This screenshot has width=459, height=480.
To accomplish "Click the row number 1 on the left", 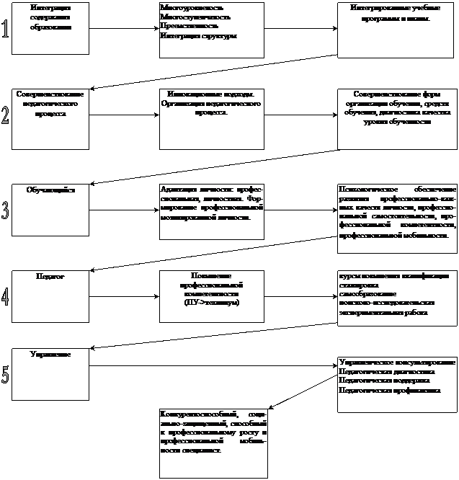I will click(x=6, y=30).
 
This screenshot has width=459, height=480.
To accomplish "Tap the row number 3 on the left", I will click(x=6, y=210).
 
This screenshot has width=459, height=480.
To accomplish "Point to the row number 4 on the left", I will click(x=6, y=296).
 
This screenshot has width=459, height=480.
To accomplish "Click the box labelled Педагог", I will click(x=50, y=296).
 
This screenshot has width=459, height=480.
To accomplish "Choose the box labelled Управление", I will click(x=50, y=373).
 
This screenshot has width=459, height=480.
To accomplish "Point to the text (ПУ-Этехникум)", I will click(x=211, y=302).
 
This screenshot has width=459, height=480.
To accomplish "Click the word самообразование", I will click(x=362, y=294).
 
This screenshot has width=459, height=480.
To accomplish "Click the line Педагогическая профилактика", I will click(x=389, y=389).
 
